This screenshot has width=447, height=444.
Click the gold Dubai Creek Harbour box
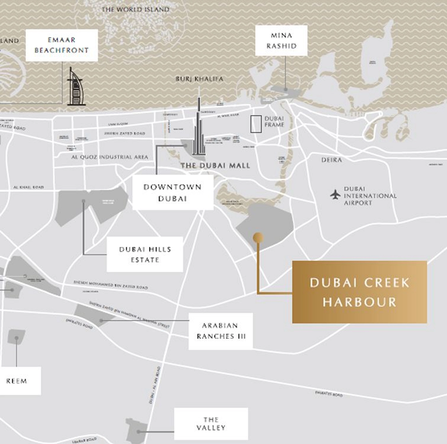(x=359, y=292)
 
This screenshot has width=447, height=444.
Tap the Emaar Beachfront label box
(x=62, y=45)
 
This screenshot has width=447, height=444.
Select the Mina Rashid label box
(x=281, y=41)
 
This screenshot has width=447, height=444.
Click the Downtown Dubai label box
(x=173, y=193)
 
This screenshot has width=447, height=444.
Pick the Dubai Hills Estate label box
(x=145, y=254)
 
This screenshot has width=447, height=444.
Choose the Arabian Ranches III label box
(x=221, y=331)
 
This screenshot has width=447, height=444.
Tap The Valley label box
(x=211, y=424)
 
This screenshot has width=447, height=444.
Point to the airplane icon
(x=335, y=195)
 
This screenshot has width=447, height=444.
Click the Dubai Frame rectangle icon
(x=256, y=124)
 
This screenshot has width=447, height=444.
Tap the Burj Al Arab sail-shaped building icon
(x=76, y=87)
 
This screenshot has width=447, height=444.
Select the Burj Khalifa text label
(x=199, y=79)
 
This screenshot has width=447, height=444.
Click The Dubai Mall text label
(x=215, y=166)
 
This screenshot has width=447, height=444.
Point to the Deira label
(x=332, y=160)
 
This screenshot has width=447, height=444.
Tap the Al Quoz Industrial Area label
(x=110, y=157)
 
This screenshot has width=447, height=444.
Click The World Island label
(x=135, y=10)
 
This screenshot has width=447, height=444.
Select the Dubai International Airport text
(x=370, y=196)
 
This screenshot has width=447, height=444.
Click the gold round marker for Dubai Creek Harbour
(x=258, y=238)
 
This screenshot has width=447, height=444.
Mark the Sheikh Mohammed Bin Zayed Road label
(x=111, y=285)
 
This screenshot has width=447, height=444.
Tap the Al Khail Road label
(x=29, y=187)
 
